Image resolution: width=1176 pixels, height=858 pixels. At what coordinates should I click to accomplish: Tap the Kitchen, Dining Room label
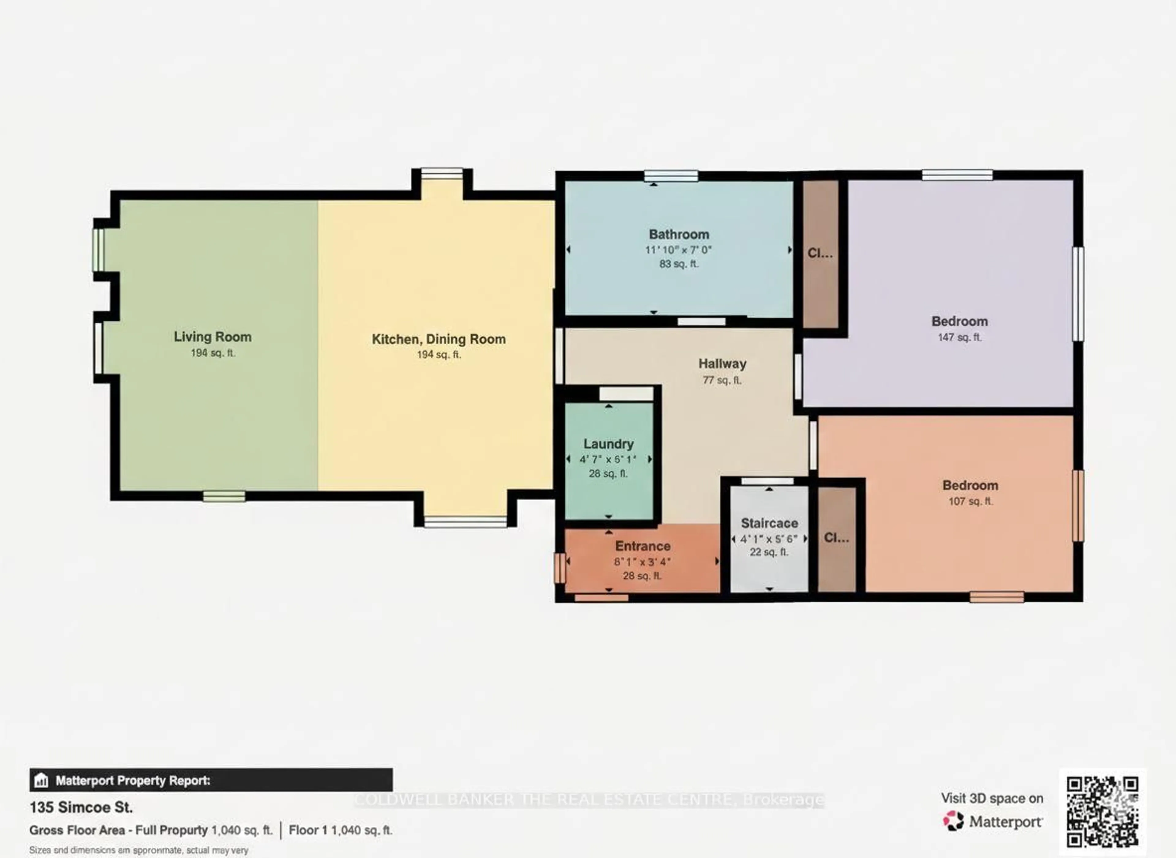439,339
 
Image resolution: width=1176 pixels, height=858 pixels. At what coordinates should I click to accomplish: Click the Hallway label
722,363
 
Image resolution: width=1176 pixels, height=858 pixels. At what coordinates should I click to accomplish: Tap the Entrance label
643,546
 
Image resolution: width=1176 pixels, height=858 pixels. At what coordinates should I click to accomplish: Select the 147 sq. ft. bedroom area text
959,337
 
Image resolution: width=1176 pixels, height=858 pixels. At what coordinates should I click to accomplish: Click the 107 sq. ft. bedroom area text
970,501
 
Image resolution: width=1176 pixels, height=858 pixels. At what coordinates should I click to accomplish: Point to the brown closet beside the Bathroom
820,254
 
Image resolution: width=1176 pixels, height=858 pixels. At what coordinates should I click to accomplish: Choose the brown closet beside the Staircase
836,538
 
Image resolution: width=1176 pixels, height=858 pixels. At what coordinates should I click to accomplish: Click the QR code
1102,811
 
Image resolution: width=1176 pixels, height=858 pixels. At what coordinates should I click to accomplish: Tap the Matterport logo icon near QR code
953,821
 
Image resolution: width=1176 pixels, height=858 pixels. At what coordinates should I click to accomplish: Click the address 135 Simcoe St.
81,807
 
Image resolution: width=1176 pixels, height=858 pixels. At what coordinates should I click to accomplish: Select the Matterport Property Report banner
211,780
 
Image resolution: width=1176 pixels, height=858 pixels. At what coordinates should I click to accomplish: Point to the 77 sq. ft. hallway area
722,380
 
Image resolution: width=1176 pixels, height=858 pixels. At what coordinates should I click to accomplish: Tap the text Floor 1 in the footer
308,830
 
